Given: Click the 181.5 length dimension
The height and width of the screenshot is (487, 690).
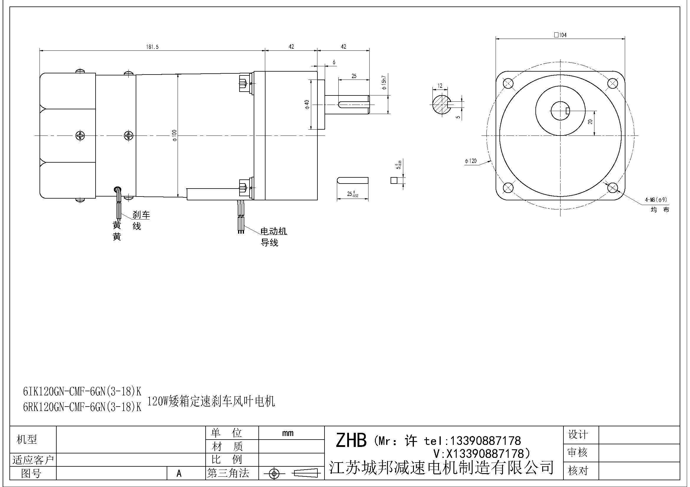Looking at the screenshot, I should [152, 47].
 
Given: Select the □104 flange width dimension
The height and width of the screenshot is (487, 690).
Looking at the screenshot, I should [560, 35].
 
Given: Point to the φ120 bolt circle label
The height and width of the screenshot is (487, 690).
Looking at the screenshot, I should [471, 161].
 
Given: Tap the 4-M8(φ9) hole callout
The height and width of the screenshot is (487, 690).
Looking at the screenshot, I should [655, 199].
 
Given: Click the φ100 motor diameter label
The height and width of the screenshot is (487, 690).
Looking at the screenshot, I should [175, 135].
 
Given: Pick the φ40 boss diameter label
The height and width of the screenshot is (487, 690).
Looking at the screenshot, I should [307, 104].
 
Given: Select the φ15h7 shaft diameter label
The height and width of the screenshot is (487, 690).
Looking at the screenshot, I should [384, 83].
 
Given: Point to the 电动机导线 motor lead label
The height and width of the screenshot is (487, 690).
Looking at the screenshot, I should [273, 237].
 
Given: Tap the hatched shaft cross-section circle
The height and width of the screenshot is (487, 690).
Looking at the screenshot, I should [441, 104].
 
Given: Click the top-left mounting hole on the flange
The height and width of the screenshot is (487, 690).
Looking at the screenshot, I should [508, 83].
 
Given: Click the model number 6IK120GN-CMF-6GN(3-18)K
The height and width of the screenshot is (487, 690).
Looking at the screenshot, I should [82, 391].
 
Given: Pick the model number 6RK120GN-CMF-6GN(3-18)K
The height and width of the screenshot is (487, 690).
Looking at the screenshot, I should [82, 407].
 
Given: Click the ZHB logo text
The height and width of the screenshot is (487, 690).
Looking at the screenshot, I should [351, 440].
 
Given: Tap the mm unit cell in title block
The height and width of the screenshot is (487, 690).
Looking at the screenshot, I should [288, 433].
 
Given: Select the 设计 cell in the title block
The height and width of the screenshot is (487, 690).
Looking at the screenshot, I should [577, 434].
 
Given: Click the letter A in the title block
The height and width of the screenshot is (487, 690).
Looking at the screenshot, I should [179, 473].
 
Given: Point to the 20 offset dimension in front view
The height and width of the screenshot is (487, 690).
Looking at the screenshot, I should [590, 121].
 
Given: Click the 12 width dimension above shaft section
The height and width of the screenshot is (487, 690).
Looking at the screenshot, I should [440, 86].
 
